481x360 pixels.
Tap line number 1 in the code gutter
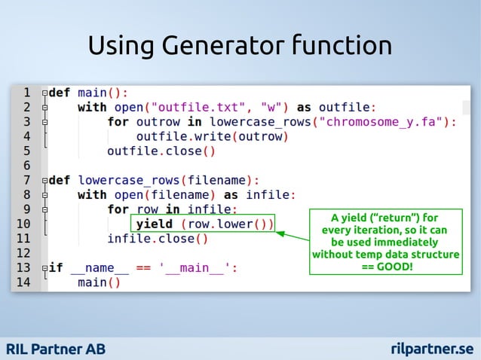tap(26, 93)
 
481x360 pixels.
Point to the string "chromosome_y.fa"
tap(385, 121)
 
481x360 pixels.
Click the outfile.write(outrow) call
tap(213, 136)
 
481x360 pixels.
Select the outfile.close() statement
tap(161, 151)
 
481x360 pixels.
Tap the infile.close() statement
tap(157, 239)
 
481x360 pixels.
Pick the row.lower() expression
tap(226, 224)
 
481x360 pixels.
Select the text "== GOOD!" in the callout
tap(386, 267)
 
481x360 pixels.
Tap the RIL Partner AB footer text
tap(57, 349)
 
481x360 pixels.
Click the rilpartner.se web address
tap(433, 349)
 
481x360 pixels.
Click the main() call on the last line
tap(99, 282)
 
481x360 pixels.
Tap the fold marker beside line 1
tap(45, 93)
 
